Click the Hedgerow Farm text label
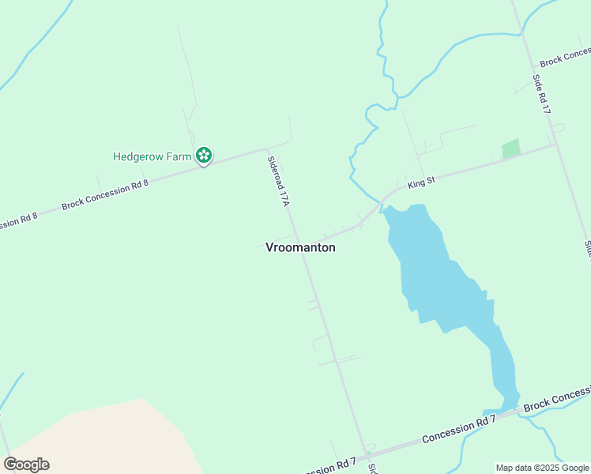pos(152,156)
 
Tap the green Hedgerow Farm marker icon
pos(204,155)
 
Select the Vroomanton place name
pos(300,247)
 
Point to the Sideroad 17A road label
pos(279,181)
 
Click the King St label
pos(421,183)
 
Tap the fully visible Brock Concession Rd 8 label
pos(104,194)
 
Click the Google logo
pos(26,465)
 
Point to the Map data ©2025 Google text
pos(542,468)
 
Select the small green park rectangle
pos(511,149)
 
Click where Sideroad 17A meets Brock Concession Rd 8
pos(267,148)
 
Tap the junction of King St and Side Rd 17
pos(555,144)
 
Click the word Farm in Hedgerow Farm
pos(178,156)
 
